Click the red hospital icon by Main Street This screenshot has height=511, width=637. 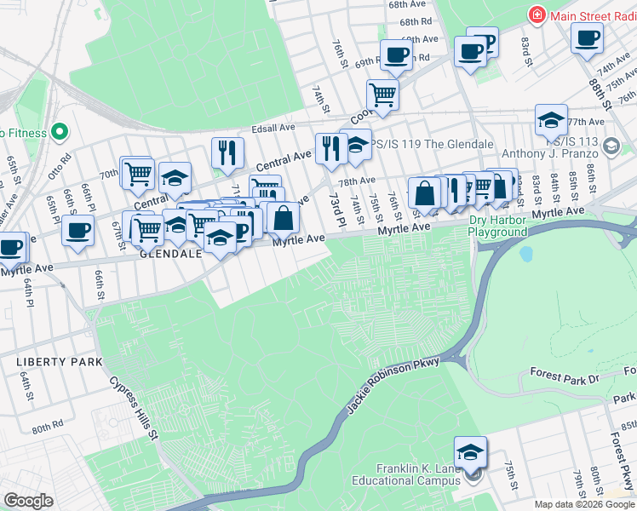click(537, 15)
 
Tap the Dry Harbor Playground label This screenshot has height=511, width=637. click(498, 227)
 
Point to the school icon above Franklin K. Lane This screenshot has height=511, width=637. click(470, 452)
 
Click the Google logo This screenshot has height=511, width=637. click(27, 501)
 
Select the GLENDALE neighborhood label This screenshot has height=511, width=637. click(170, 254)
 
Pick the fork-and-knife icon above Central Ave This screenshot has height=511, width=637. click(227, 152)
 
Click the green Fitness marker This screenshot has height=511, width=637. click(59, 132)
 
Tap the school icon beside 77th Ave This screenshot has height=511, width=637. click(551, 120)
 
